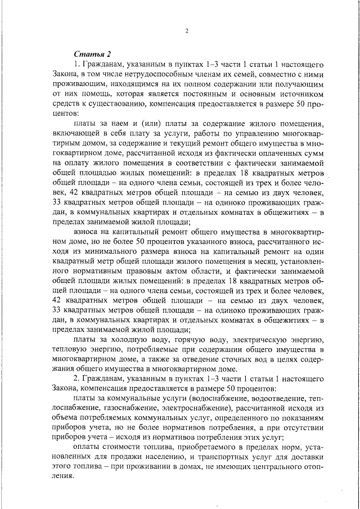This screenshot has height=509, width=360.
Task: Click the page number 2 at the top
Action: (x=186, y=31)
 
